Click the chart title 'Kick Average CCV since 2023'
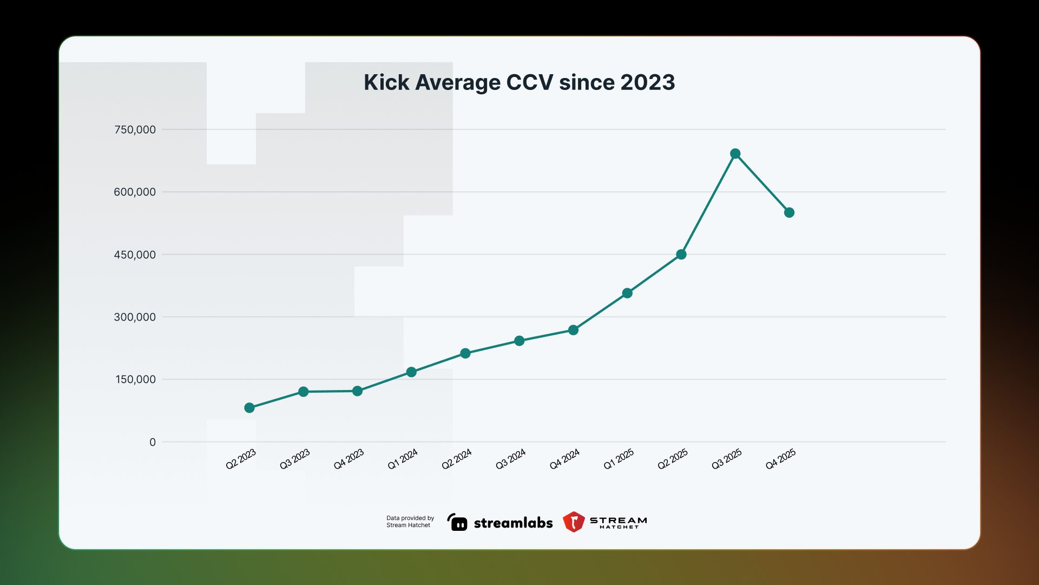pos(519,82)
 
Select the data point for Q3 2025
pos(735,154)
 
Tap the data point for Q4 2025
pos(789,213)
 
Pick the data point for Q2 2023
pos(249,408)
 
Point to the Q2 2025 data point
pos(681,255)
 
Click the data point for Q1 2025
pos(627,294)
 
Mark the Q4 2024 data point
pos(573,330)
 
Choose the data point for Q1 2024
pos(411,372)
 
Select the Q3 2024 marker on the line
pos(519,341)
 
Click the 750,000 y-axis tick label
pos(135,129)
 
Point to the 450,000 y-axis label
pos(135,255)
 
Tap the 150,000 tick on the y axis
pos(135,380)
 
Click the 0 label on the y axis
pos(153,442)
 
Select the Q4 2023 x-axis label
pos(349,459)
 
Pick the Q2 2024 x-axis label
pos(457,459)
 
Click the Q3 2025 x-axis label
pos(727,459)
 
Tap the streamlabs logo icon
pos(457,522)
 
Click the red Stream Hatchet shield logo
pos(574,522)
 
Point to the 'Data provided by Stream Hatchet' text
pos(410,522)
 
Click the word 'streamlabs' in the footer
pos(513,523)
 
